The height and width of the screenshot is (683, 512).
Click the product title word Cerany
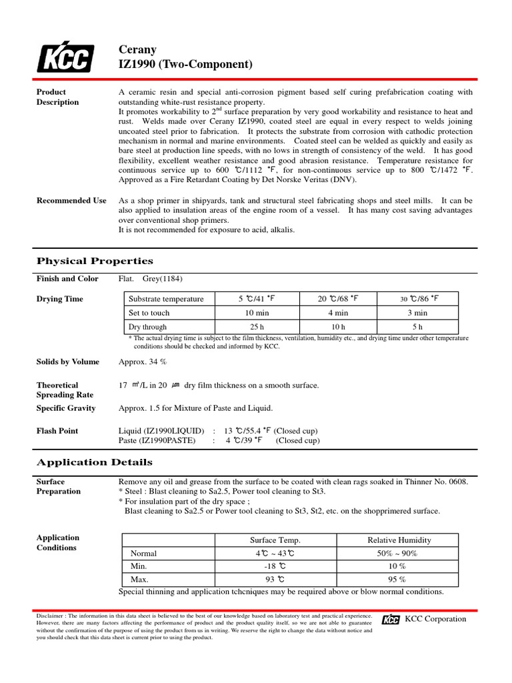point(137,50)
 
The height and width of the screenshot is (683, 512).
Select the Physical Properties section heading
point(94,261)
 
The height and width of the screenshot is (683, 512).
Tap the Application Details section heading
point(94,462)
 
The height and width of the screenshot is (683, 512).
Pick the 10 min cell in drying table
point(257,313)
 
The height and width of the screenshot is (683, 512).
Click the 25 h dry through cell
point(257,327)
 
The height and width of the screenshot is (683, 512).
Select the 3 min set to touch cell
point(417,313)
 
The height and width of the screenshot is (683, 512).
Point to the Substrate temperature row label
point(166,299)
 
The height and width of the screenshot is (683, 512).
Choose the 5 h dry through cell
point(417,327)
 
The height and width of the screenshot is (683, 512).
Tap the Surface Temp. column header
point(275,540)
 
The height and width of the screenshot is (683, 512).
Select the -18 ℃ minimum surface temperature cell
point(275,566)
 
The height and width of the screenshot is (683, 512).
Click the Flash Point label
point(57,431)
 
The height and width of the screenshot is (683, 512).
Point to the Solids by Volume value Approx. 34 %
point(143,362)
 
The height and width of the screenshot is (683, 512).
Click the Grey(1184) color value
point(163,279)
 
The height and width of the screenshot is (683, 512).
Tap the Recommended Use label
point(71,200)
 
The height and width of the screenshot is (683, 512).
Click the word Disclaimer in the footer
point(51,616)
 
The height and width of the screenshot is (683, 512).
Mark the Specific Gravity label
point(65,408)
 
